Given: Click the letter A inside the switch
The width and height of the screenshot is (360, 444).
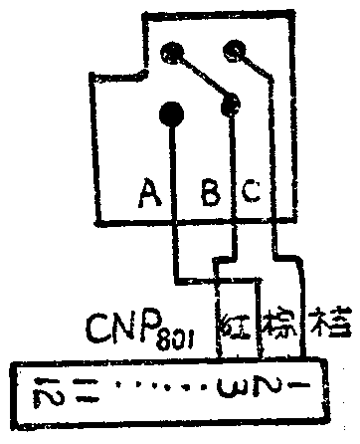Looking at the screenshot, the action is point(150,192).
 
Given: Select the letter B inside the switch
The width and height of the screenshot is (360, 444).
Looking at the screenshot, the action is point(210,192).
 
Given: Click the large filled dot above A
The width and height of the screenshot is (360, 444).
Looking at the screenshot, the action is point(171,113).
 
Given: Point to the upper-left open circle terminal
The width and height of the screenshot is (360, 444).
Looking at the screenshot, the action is point(175,50).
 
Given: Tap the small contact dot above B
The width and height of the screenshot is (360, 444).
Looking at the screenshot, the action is point(234,101).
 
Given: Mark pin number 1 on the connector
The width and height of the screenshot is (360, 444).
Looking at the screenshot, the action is point(299,385).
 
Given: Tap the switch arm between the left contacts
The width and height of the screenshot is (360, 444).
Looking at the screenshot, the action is point(205,76).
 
